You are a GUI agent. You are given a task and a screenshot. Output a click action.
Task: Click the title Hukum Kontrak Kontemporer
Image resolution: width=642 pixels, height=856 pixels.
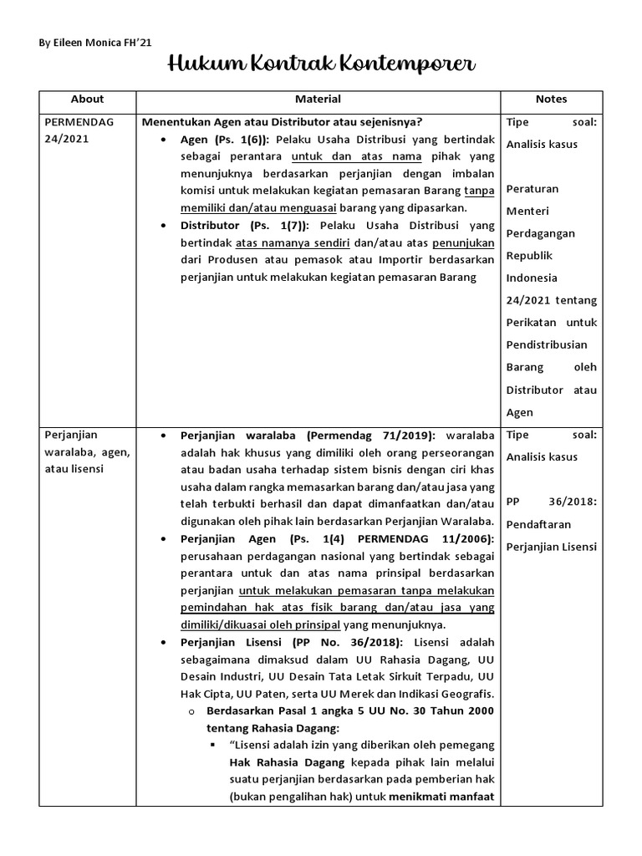[321, 64]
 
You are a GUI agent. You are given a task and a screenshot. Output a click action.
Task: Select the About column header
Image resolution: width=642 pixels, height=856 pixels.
[88, 99]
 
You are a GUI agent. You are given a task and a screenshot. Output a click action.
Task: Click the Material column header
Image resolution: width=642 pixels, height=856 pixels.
[318, 99]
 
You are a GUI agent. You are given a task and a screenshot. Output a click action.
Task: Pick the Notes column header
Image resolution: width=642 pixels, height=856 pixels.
[551, 99]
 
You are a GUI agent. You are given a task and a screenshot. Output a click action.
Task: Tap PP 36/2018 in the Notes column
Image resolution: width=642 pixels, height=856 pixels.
[551, 502]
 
